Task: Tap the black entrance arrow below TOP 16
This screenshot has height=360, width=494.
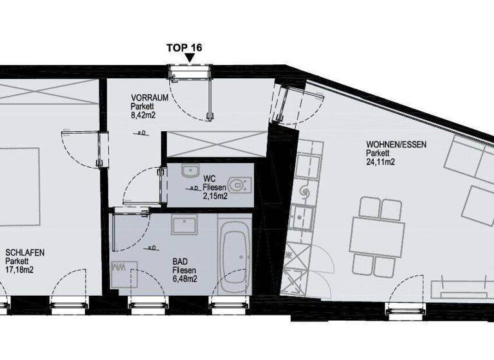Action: click(190, 59)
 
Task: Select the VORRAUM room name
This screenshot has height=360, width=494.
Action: click(145, 98)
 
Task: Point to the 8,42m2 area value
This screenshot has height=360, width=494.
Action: click(143, 115)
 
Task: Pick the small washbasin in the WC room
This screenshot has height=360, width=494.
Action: click(189, 172)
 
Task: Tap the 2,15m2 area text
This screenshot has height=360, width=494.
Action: click(215, 195)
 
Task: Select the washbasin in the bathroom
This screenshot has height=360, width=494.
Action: click(185, 225)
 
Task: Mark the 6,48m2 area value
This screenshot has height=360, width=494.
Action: click(184, 279)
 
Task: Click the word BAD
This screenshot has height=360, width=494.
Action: click(180, 262)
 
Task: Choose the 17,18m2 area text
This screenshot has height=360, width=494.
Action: click(19, 270)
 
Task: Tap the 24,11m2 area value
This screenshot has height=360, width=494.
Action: click(380, 162)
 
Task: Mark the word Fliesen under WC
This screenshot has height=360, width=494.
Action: click(215, 187)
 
